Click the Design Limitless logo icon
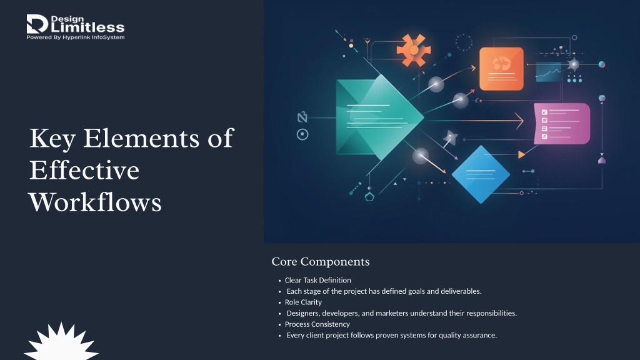[37, 24]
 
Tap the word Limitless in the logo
[87, 27]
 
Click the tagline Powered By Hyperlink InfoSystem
[76, 37]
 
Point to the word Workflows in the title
[95, 202]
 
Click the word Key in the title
[52, 139]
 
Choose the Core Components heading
[321, 262]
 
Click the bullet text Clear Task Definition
[317, 280]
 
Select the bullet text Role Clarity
[303, 302]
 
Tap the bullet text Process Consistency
[317, 324]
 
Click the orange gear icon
[414, 50]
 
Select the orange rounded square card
[501, 69]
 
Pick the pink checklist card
[562, 124]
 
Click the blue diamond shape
[481, 174]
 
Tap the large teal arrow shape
[379, 117]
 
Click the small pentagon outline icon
[369, 197]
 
